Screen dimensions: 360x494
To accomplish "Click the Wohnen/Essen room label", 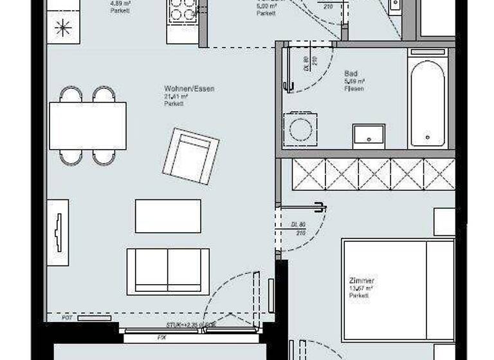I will coord(189,89).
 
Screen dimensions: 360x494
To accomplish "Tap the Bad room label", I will coord(351,74).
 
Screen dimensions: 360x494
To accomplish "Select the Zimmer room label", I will coord(361,281).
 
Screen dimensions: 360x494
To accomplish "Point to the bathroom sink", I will coord(369,136).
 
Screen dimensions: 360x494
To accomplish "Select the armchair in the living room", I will coord(191,155).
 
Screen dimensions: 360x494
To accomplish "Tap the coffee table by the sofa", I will coord(168,216).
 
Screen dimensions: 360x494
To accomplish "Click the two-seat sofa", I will coord(168,271).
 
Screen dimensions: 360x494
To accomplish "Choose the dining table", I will coord(87,126).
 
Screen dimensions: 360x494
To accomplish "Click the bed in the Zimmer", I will coord(398,289).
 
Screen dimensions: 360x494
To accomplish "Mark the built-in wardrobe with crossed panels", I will coord(373,174).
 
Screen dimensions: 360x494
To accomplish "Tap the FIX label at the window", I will coord(162,337).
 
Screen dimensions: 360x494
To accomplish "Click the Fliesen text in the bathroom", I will coord(354,89).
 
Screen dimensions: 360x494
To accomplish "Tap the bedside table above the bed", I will coord(444,222).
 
